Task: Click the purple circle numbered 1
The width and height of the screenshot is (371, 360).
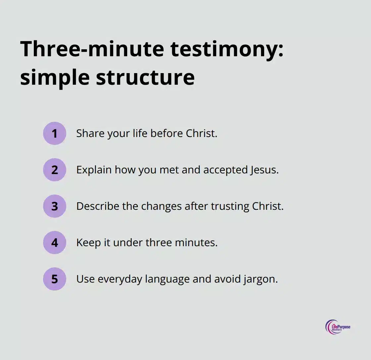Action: click(55, 133)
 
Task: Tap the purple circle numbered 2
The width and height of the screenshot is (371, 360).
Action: click(55, 170)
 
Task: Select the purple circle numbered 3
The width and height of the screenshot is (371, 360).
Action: click(55, 206)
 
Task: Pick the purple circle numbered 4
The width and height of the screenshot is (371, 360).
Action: click(55, 243)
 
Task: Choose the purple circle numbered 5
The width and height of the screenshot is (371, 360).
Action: click(55, 279)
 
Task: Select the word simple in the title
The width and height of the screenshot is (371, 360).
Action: click(55, 78)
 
